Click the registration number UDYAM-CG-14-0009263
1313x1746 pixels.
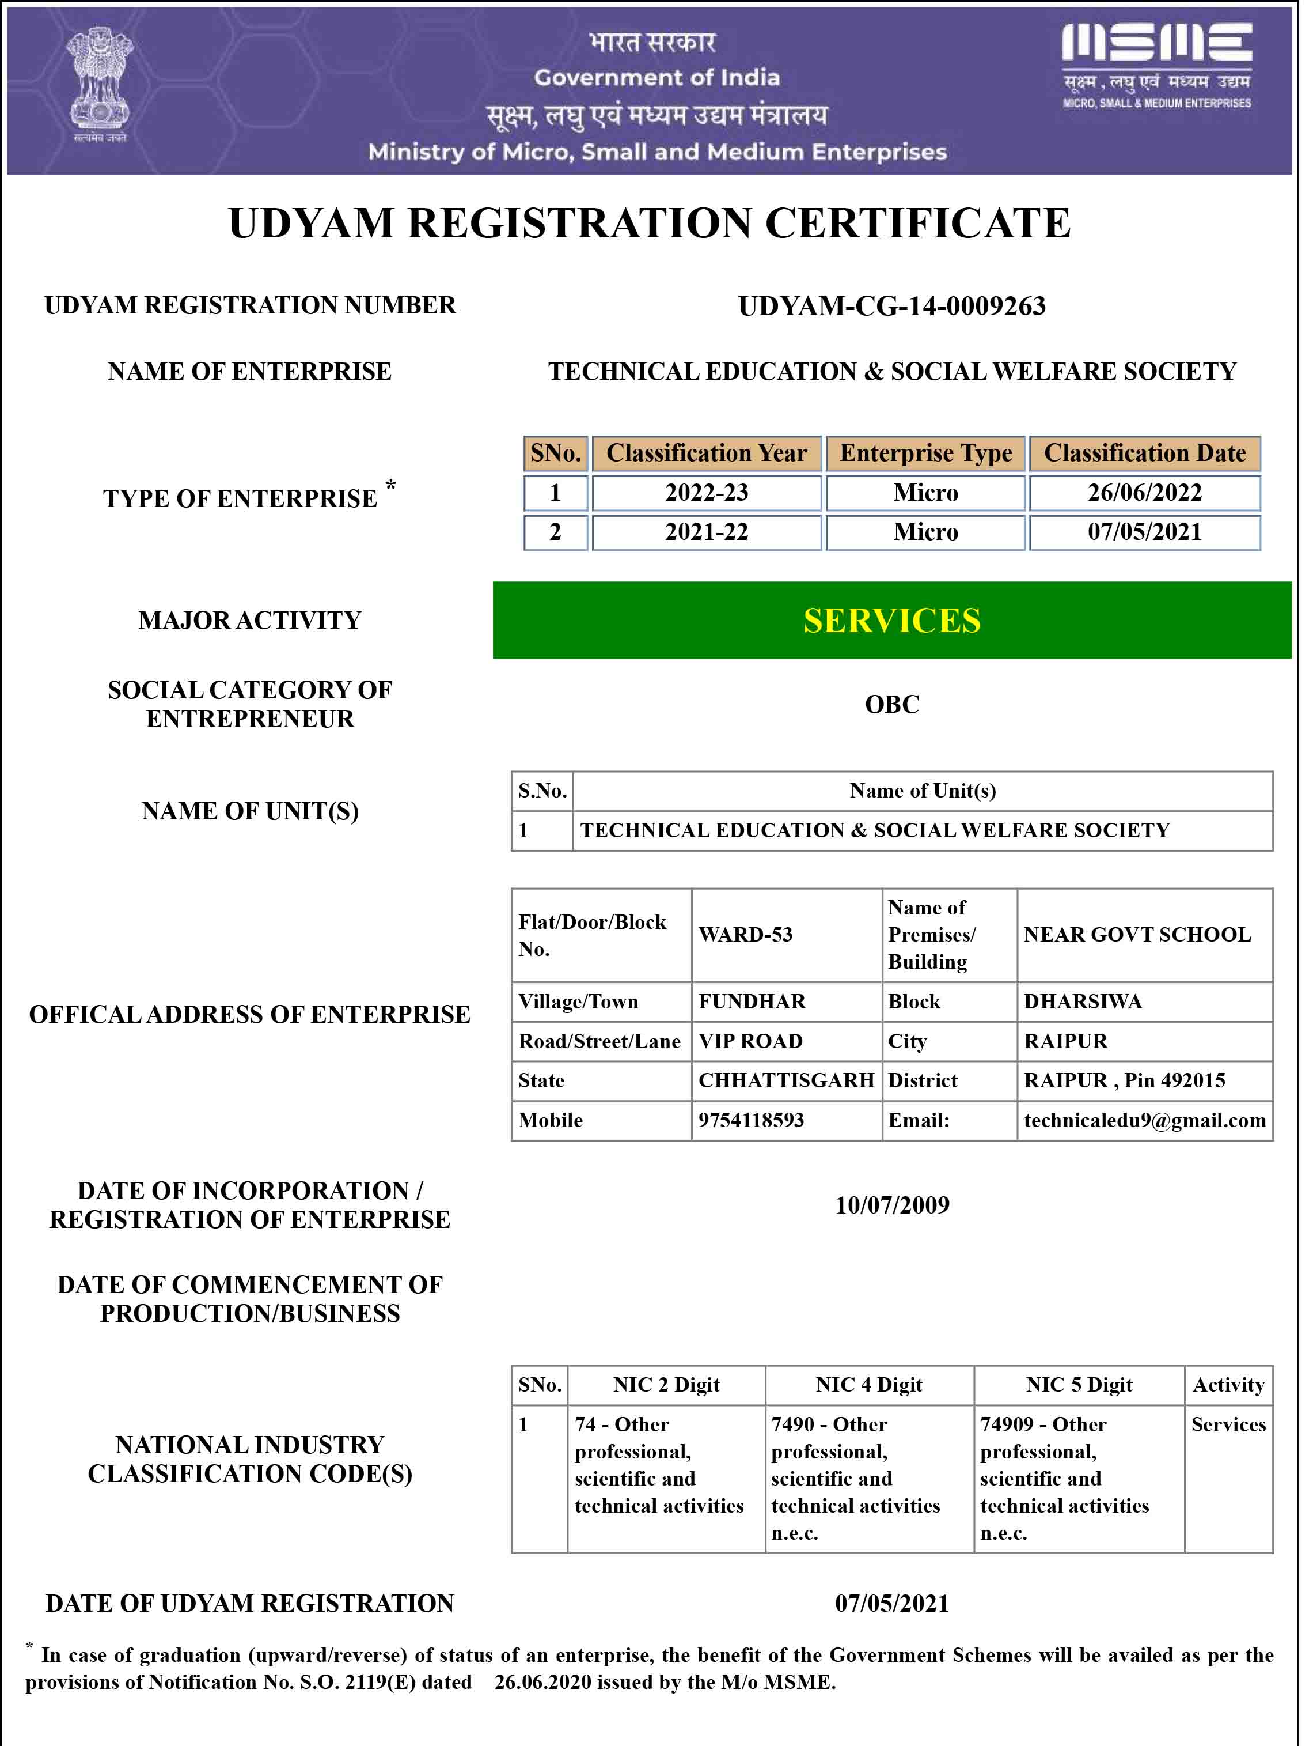click(891, 306)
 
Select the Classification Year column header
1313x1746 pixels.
click(706, 453)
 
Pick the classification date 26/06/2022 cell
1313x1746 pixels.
click(1144, 493)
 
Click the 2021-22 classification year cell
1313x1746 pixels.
click(706, 532)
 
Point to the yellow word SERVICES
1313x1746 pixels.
click(891, 621)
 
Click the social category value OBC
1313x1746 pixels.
click(891, 704)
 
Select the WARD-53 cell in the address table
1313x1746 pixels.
click(745, 935)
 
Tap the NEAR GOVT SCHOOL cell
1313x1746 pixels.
click(1137, 935)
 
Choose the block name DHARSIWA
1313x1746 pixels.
click(1083, 1002)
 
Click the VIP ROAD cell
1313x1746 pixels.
click(750, 1041)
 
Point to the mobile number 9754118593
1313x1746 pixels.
click(750, 1120)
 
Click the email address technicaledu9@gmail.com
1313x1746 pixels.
click(1144, 1120)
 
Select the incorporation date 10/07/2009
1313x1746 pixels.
click(891, 1205)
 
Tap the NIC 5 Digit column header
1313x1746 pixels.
click(1079, 1385)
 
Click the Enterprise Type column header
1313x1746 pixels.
click(925, 453)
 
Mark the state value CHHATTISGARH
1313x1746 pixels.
click(786, 1080)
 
